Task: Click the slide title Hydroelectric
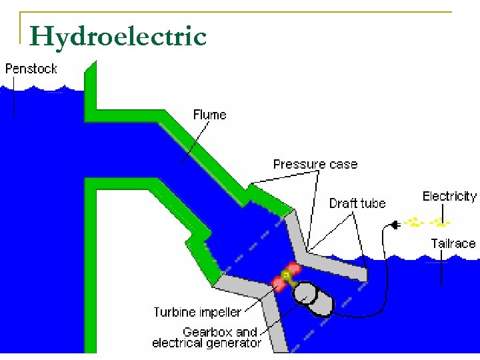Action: (x=118, y=36)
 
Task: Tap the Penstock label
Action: (x=31, y=68)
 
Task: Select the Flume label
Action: (x=209, y=115)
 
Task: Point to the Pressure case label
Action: (x=315, y=164)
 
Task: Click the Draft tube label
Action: (x=357, y=203)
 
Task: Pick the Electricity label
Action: (x=449, y=196)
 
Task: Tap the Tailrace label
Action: (x=453, y=243)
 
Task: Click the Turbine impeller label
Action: (x=197, y=312)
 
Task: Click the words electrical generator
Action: (x=207, y=343)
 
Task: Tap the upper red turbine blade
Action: (x=294, y=269)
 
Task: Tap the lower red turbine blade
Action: (x=279, y=285)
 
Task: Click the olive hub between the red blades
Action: (x=287, y=275)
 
